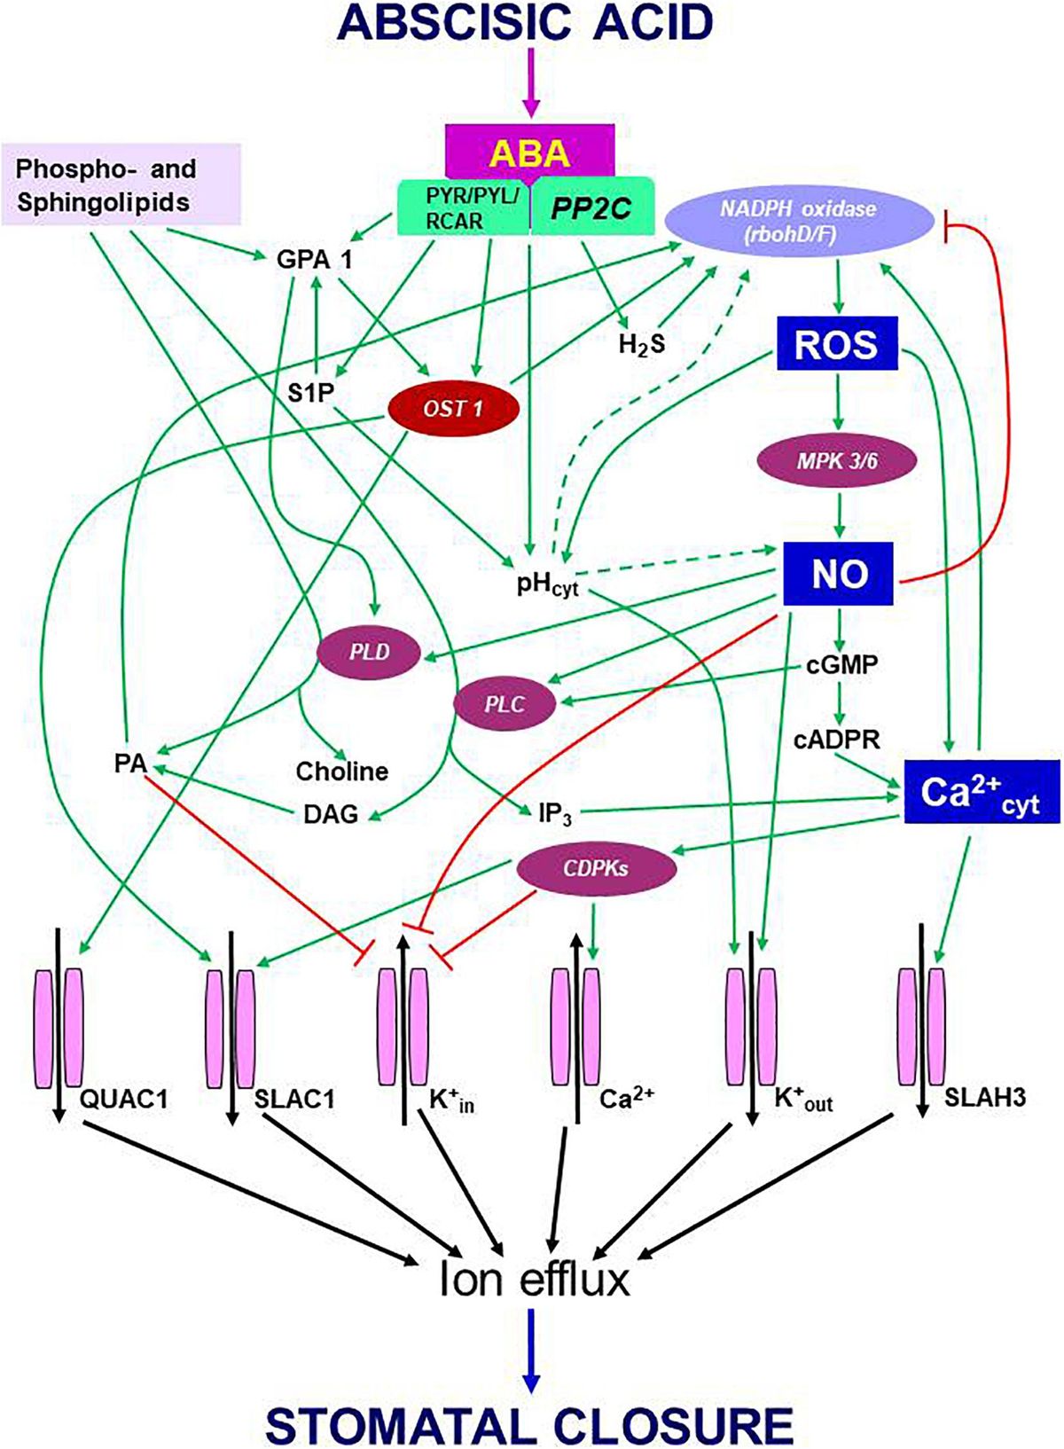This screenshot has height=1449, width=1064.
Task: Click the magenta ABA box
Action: click(529, 153)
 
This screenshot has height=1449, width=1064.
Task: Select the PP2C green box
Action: click(591, 208)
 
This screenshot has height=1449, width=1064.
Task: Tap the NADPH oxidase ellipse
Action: click(798, 218)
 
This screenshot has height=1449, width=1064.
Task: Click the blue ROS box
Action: click(837, 344)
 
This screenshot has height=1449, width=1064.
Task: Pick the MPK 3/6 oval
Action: click(836, 461)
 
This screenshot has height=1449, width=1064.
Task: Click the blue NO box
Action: click(839, 574)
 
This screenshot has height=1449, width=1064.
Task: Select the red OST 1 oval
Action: click(453, 409)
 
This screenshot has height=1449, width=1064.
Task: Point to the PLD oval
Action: click(369, 652)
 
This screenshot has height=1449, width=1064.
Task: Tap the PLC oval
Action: click(505, 704)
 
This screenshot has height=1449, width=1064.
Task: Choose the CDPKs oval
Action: click(596, 867)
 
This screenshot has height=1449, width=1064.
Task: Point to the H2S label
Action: click(642, 344)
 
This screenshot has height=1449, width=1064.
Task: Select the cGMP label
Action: click(841, 664)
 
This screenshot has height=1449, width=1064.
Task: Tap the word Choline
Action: click(342, 771)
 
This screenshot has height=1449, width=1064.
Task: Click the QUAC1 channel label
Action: click(123, 1099)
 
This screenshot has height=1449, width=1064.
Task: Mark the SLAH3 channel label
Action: click(984, 1097)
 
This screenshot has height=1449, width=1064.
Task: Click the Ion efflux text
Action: click(534, 1279)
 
